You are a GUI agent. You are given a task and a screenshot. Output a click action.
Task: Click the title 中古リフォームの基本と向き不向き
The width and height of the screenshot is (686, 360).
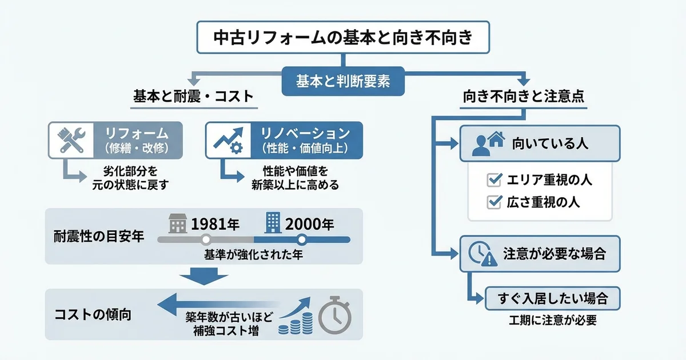click(x=342, y=37)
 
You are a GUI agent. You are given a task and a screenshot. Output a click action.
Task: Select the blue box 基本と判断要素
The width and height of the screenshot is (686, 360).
click(x=343, y=81)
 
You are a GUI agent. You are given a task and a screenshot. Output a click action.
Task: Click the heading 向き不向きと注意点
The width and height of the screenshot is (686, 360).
click(x=523, y=97)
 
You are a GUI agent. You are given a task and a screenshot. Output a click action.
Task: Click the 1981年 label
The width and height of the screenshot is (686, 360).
click(x=215, y=223)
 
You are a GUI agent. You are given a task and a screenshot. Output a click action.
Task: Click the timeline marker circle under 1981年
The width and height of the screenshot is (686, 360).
click(x=207, y=239)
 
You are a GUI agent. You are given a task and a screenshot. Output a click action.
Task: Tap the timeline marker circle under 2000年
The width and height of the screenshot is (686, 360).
click(x=302, y=239)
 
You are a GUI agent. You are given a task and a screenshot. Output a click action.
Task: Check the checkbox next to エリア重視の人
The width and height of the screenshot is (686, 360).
click(x=493, y=180)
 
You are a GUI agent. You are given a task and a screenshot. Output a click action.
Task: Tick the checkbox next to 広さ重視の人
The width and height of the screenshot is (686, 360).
click(x=493, y=202)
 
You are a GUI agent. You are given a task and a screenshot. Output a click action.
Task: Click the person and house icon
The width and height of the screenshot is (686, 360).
click(x=488, y=143)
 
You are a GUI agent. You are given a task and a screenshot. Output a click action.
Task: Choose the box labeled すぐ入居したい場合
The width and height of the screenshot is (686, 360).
click(x=552, y=298)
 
